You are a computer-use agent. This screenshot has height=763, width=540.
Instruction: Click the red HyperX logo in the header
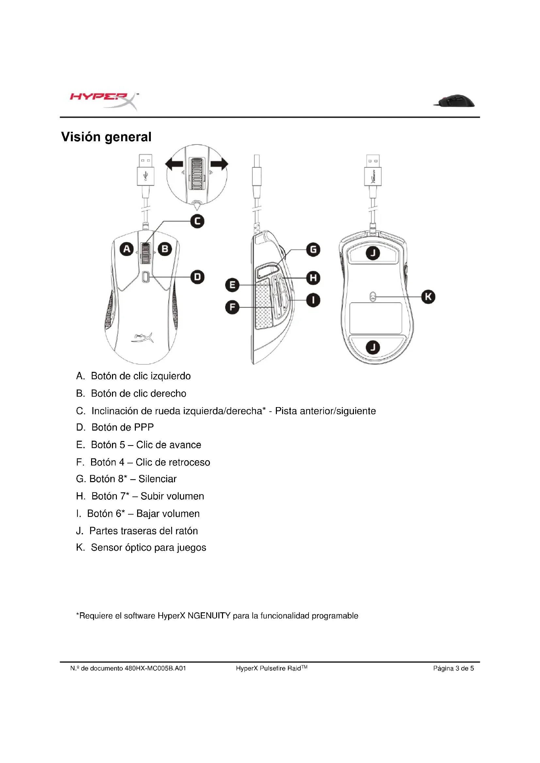click(x=103, y=100)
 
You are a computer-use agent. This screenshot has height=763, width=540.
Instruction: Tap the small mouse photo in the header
click(x=454, y=101)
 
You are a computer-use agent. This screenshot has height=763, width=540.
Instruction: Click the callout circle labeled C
click(x=197, y=221)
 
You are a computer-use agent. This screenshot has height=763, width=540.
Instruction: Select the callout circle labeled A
click(x=126, y=249)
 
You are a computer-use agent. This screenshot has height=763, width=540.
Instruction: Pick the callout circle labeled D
click(x=197, y=277)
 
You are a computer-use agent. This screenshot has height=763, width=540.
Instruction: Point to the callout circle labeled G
click(x=313, y=250)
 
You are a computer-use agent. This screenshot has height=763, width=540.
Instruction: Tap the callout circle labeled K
click(x=428, y=297)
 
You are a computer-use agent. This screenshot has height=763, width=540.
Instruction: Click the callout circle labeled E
click(x=232, y=285)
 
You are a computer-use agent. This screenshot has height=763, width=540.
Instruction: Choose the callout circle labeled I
click(x=313, y=300)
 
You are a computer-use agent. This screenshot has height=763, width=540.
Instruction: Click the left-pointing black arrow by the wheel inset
click(x=174, y=164)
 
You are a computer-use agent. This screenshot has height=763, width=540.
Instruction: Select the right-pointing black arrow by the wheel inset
click(x=219, y=164)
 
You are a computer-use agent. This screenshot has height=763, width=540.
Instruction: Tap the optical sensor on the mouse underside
click(x=373, y=297)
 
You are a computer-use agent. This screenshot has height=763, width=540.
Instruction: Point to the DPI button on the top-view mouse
click(x=145, y=277)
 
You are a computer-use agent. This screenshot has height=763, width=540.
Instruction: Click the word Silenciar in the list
click(x=157, y=479)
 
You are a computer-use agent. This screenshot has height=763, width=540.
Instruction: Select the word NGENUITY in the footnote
click(x=209, y=616)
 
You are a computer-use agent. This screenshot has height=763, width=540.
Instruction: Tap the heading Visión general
click(x=106, y=137)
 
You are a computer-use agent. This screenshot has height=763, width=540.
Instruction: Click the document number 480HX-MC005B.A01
click(x=155, y=668)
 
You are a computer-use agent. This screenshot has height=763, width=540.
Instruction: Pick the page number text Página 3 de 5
click(x=453, y=668)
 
